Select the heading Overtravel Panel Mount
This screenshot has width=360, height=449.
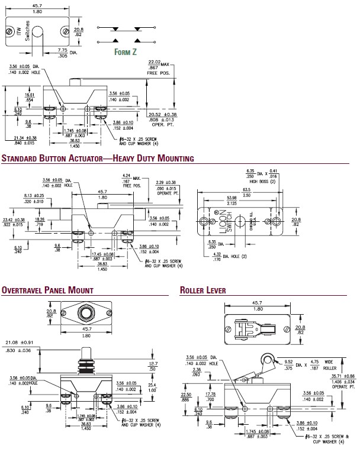[x=47, y=290]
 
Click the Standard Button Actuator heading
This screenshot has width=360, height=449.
[x=98, y=159]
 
